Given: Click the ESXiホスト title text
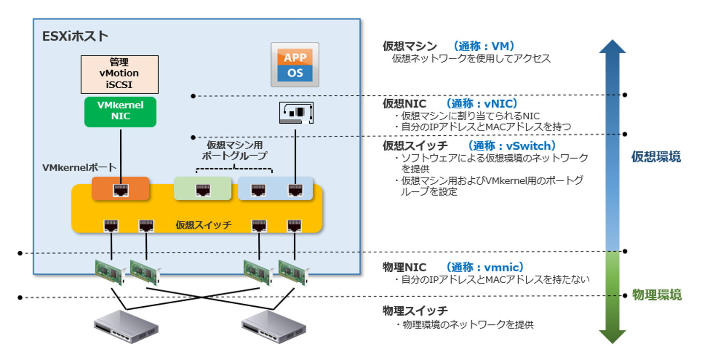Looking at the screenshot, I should click(x=75, y=36).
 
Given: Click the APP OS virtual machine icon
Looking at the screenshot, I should click(x=295, y=65).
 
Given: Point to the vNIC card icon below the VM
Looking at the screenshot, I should click(x=296, y=113).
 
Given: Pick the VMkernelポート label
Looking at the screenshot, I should click(x=79, y=168).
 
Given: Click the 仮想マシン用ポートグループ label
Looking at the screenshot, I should click(x=235, y=151).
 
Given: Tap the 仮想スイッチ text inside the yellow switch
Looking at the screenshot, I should click(x=203, y=225).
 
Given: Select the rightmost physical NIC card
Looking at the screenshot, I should click(x=293, y=271).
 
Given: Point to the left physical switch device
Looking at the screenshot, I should click(x=126, y=326).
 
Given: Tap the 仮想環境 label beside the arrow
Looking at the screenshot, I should click(x=656, y=157).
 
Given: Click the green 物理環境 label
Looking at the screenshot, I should click(x=657, y=295).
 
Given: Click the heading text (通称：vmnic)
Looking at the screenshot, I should click(x=484, y=267).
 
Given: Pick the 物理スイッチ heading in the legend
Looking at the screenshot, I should click(x=415, y=311).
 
